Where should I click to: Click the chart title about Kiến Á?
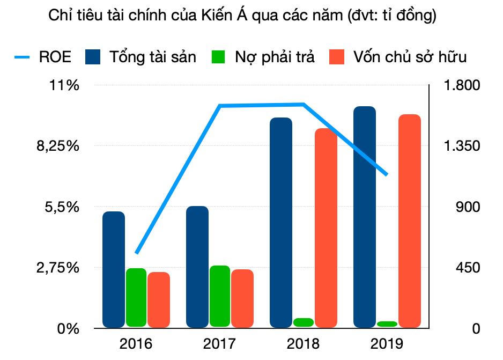point(242,16)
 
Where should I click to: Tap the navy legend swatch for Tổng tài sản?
point(93,56)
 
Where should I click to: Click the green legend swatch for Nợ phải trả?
point(219,56)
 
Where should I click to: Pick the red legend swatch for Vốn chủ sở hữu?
point(336,56)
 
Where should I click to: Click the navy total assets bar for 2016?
point(114,269)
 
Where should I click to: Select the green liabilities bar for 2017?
point(219,296)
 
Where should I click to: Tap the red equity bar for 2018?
point(326,228)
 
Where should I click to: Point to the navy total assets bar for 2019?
point(365,217)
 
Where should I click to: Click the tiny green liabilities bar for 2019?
point(387,324)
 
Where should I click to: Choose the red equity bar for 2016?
point(159,300)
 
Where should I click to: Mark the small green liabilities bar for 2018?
point(304,322)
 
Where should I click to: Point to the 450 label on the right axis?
point(468,267)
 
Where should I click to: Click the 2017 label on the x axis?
point(219,343)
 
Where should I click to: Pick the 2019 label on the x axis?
point(387,343)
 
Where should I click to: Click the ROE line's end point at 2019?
point(387,174)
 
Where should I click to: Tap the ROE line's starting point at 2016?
point(137,252)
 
